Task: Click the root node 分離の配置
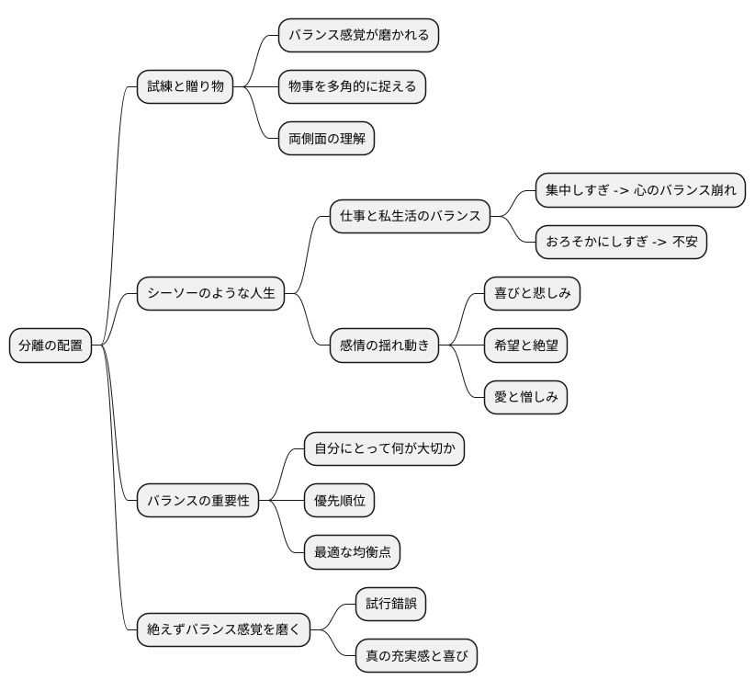coord(51,345)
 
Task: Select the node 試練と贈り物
coord(185,87)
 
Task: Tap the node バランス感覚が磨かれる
coord(358,36)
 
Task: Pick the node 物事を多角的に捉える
coord(352,87)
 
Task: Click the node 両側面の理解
coord(326,139)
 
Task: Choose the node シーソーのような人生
coord(211,294)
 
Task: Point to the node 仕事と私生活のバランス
coord(410,217)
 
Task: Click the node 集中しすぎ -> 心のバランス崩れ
coord(640,191)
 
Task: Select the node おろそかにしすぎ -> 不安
coord(622,243)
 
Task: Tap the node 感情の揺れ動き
coord(384,345)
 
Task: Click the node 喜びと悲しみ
coord(532,294)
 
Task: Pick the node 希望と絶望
coord(525,345)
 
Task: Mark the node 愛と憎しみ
coord(525,397)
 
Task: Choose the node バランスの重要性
coord(198,501)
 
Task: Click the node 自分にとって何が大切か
coord(384,449)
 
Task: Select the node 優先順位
coord(339,501)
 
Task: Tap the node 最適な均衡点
coord(352,552)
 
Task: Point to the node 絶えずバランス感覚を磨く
coord(224,629)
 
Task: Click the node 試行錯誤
coord(390,604)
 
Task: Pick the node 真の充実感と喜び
coord(416,655)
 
